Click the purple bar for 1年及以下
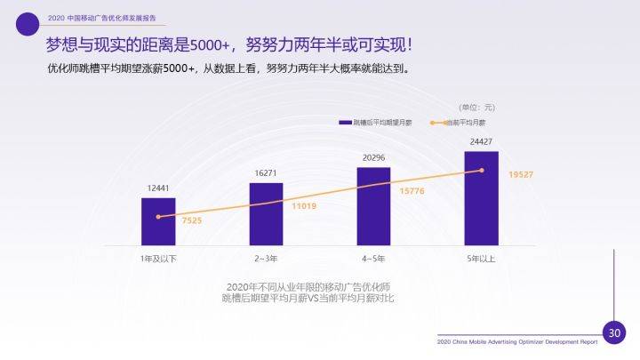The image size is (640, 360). (x=158, y=220)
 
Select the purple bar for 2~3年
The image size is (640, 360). (x=266, y=213)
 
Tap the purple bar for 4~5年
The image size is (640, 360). (x=373, y=205)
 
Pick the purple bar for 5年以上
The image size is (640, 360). (x=481, y=197)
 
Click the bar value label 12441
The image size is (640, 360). (x=158, y=188)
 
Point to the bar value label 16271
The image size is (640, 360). (x=266, y=173)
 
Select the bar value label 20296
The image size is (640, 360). (x=373, y=157)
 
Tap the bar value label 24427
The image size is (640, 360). (x=481, y=141)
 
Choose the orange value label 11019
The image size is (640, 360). (x=303, y=205)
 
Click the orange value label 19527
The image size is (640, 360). (x=520, y=175)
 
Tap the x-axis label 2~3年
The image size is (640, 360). (x=266, y=258)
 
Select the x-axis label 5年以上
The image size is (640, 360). (x=481, y=258)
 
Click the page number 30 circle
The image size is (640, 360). (x=613, y=333)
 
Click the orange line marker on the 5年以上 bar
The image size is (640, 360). (x=482, y=170)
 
